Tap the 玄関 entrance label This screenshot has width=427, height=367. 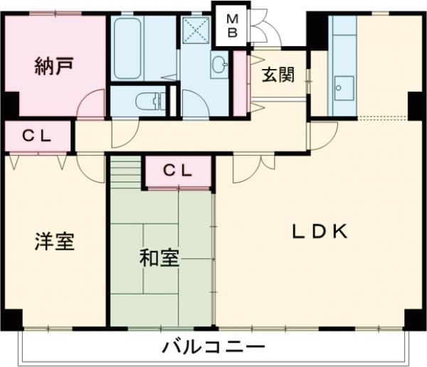coord(277,75)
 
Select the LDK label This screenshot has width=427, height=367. coord(320,232)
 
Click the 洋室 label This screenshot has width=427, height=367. coord(55,242)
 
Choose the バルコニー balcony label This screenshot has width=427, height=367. coord(213,349)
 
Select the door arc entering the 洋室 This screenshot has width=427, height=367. coord(89,166)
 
